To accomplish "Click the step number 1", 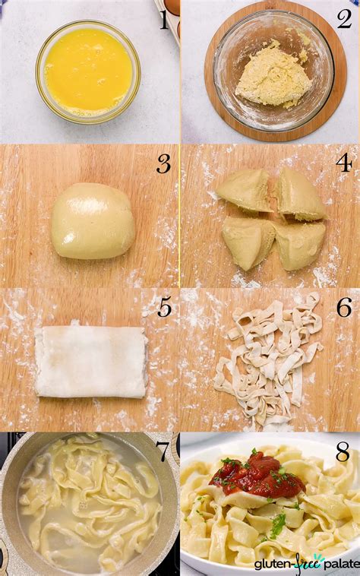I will [164, 20].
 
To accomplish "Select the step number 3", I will [164, 163].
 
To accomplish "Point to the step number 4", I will [344, 163].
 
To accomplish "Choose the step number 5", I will [164, 308].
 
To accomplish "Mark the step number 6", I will [344, 308].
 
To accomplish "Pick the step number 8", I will [343, 452].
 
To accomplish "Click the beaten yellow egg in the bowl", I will [88, 71].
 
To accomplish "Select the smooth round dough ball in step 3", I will [93, 220].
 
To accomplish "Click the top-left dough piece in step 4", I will [245, 190].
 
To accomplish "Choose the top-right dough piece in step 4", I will [300, 195].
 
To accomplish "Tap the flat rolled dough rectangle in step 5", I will [91, 362].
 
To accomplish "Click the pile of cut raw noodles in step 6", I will [270, 357].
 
